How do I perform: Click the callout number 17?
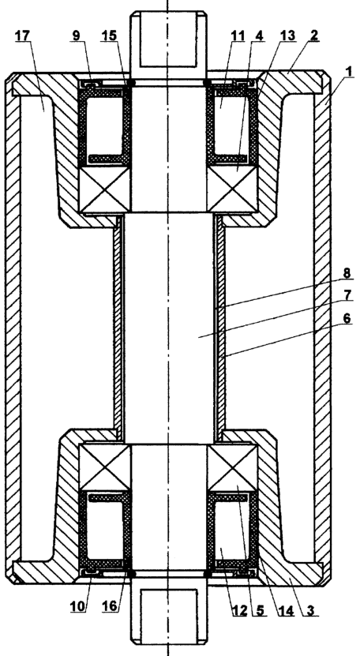[x=23, y=36]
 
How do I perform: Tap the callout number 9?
[x=76, y=36]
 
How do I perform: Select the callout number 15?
[x=109, y=36]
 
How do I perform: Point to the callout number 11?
[x=238, y=36]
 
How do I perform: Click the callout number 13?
[x=287, y=36]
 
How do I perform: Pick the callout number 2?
[x=313, y=36]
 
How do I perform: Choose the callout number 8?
[x=347, y=272]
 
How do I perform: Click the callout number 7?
[x=347, y=294]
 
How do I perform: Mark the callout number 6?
[x=347, y=319]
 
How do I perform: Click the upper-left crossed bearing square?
[x=105, y=189]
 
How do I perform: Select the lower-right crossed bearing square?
[x=232, y=467]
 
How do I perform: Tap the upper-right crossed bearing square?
[x=232, y=189]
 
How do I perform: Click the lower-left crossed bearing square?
[x=105, y=467]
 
